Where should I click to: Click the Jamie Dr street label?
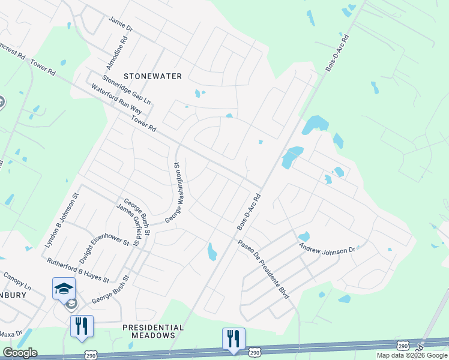pyautogui.click(x=119, y=24)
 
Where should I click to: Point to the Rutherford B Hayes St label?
pyautogui.click(x=78, y=271)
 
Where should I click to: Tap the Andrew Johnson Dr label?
pyautogui.click(x=328, y=247)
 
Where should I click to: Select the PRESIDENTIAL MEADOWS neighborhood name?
pyautogui.click(x=153, y=331)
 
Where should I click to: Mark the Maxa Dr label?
pyautogui.click(x=11, y=334)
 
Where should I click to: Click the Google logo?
pyautogui.click(x=19, y=353)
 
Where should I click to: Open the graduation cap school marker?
pyautogui.click(x=64, y=289)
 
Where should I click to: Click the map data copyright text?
pyautogui.click(x=412, y=355)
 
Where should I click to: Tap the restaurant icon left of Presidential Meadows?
pyautogui.click(x=82, y=326)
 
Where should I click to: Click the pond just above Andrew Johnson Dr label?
pyautogui.click(x=304, y=236)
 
